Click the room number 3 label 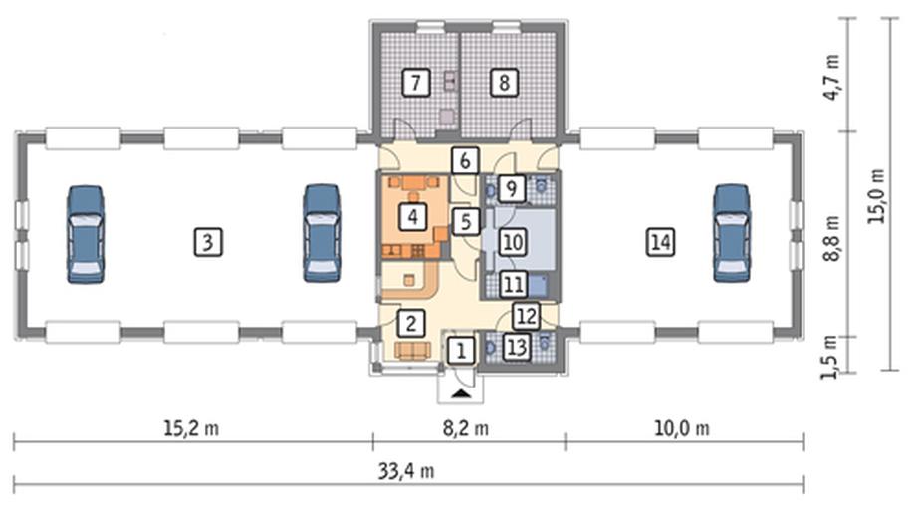coord(204,241)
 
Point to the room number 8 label coord(505,83)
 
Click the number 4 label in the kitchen coord(410,214)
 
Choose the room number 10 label coord(511,241)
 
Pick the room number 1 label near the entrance coord(459,350)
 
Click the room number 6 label coord(464,159)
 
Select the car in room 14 coord(731,233)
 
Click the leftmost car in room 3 coord(85,234)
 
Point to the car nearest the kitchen coord(321,233)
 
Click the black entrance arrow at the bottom coord(459,394)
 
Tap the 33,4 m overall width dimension coord(410,471)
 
